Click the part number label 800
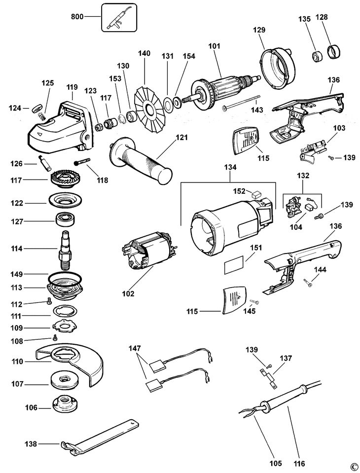pyautogui.click(x=77, y=16)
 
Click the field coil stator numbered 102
pyautogui.click(x=151, y=255)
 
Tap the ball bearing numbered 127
pyautogui.click(x=65, y=221)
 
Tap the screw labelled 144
pyautogui.click(x=306, y=283)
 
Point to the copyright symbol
pyautogui.click(x=353, y=467)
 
